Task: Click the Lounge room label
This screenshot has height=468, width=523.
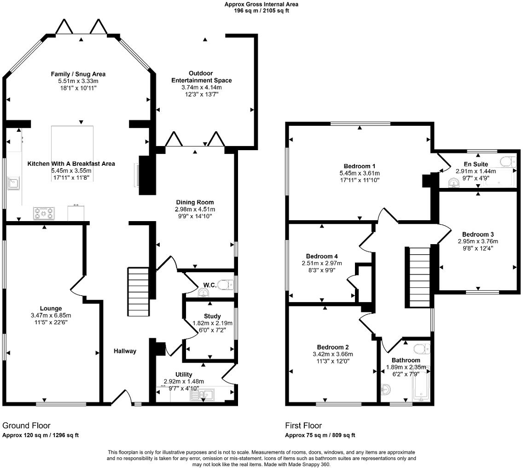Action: [x=51, y=308]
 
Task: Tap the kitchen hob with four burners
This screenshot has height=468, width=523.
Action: [x=44, y=213]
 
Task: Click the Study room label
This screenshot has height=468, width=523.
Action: [x=212, y=316]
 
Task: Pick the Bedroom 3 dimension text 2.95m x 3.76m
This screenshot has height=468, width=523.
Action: [x=477, y=241]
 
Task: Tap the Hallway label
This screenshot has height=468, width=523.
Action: [x=125, y=351]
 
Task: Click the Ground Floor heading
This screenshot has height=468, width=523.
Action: [x=26, y=426]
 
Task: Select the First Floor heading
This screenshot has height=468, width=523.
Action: [x=303, y=426]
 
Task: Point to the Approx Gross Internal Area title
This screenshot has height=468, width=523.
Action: [x=261, y=4]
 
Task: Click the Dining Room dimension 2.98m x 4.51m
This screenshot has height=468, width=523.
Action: [x=195, y=209]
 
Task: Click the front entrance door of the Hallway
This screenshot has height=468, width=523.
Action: [x=121, y=397]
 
